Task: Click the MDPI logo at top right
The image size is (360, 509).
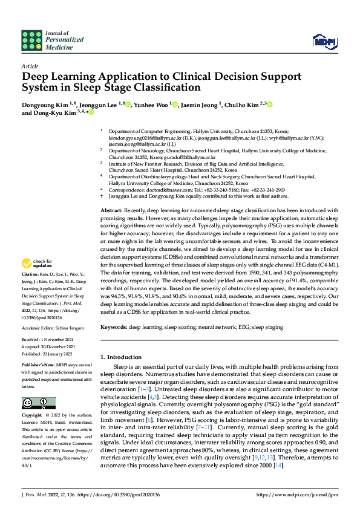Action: [x=324, y=41]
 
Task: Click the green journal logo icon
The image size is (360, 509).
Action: [x=31, y=40]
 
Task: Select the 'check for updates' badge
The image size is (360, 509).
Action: [x=34, y=264]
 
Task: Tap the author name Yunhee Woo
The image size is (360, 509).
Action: [x=152, y=105]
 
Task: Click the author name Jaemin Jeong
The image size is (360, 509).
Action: [x=201, y=105]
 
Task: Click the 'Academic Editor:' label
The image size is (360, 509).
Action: [x=38, y=328]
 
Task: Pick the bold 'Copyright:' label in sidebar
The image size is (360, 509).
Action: [x=33, y=416]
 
